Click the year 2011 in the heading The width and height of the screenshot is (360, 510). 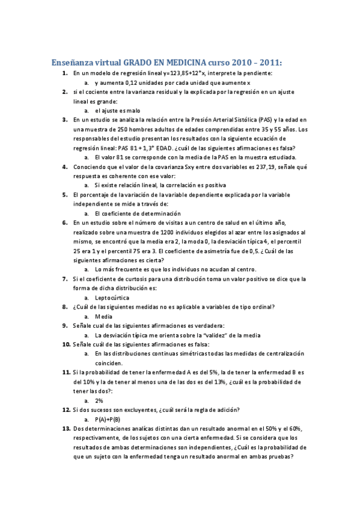pyautogui.click(x=269, y=62)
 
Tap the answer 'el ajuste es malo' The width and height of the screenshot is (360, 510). pyautogui.click(x=117, y=111)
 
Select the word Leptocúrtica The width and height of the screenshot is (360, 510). pyautogui.click(x=112, y=297)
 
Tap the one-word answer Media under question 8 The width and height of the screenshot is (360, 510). pyautogui.click(x=103, y=316)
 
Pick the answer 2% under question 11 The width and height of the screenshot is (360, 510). pyautogui.click(x=99, y=400)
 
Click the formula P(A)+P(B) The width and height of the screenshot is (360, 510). pyautogui.click(x=108, y=419)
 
